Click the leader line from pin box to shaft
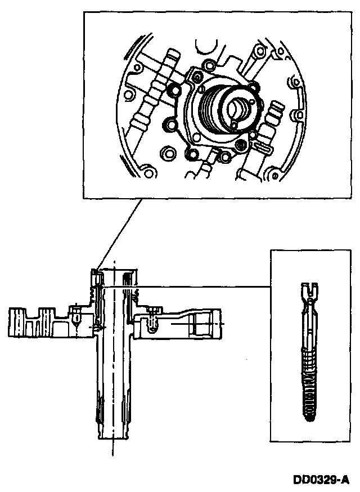[202, 287]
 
